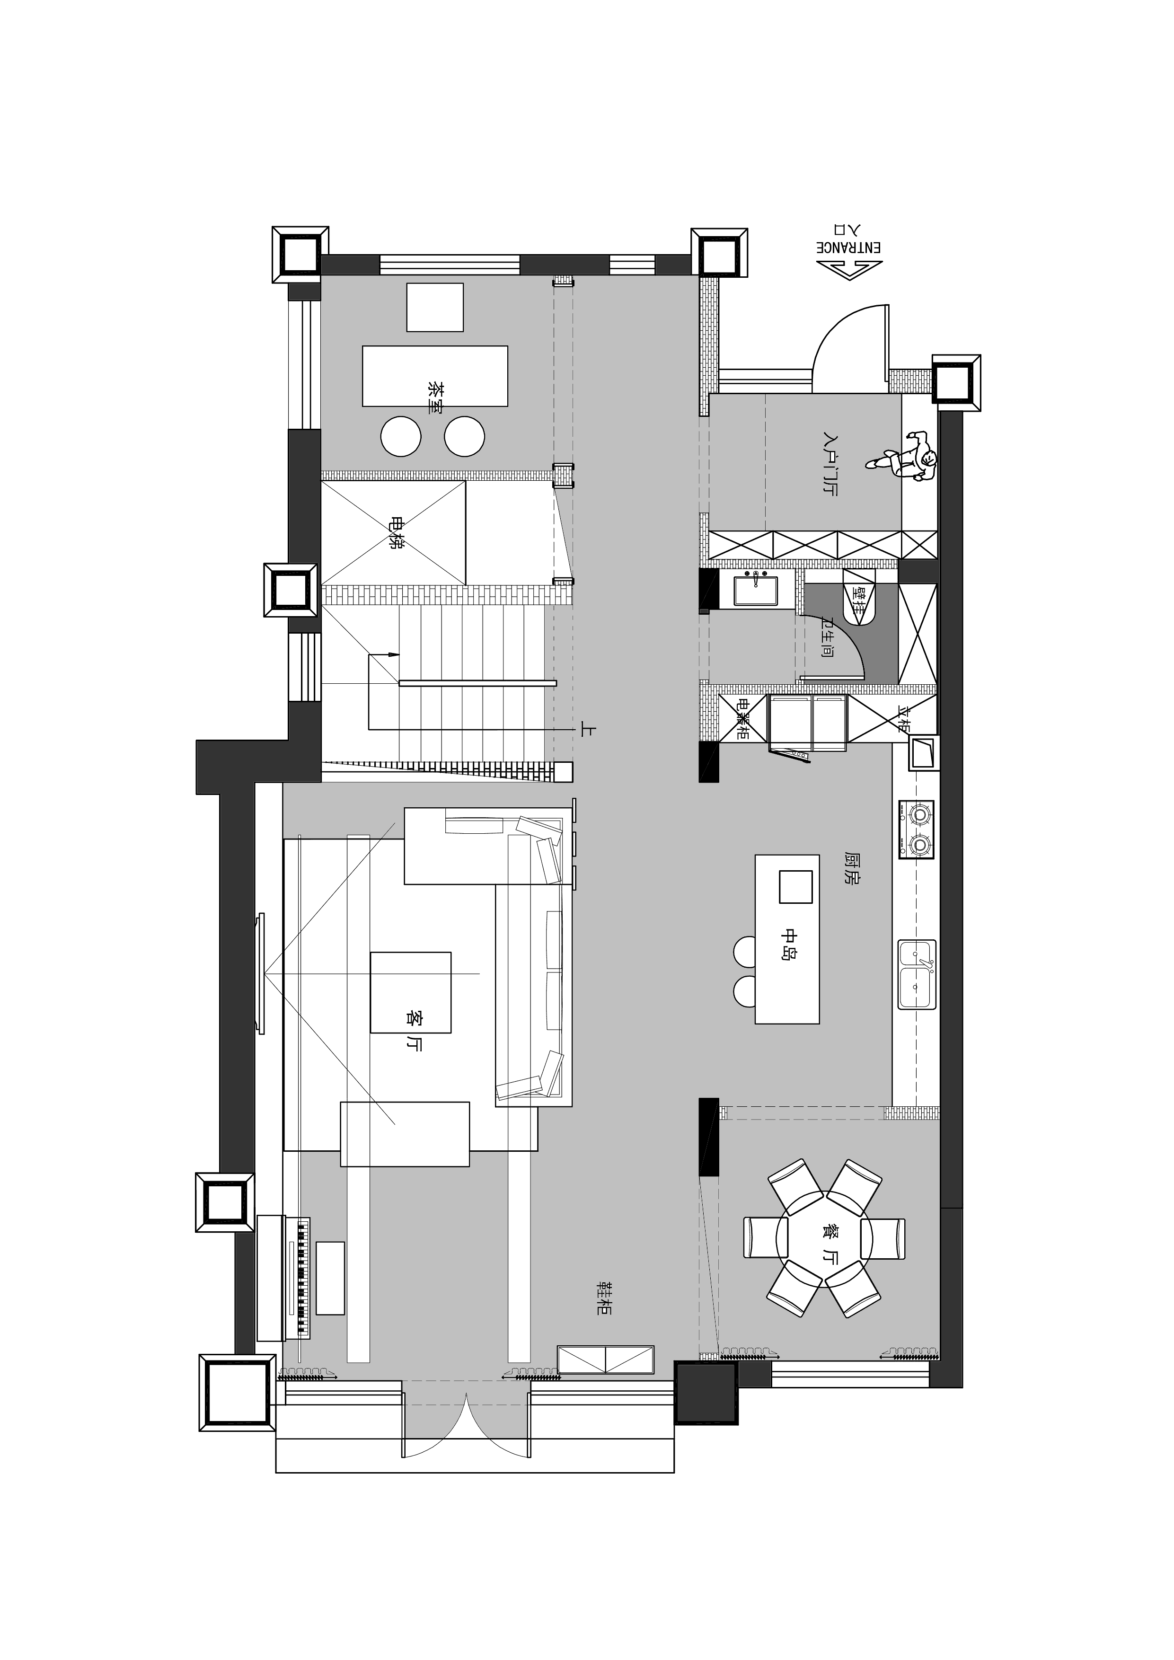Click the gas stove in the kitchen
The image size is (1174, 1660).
[917, 829]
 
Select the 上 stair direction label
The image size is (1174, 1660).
[587, 731]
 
